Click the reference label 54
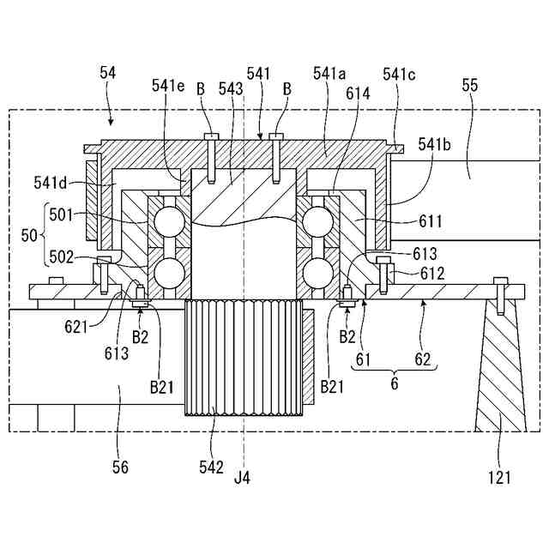[x=108, y=75]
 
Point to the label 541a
[x=329, y=75]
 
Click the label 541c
[x=399, y=75]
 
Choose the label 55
[x=469, y=86]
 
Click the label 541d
[x=52, y=182]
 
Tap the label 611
[x=431, y=221]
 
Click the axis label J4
[x=244, y=474]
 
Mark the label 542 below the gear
[x=211, y=468]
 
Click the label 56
[x=121, y=468]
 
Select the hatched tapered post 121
[x=499, y=369]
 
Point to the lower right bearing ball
[x=316, y=275]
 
